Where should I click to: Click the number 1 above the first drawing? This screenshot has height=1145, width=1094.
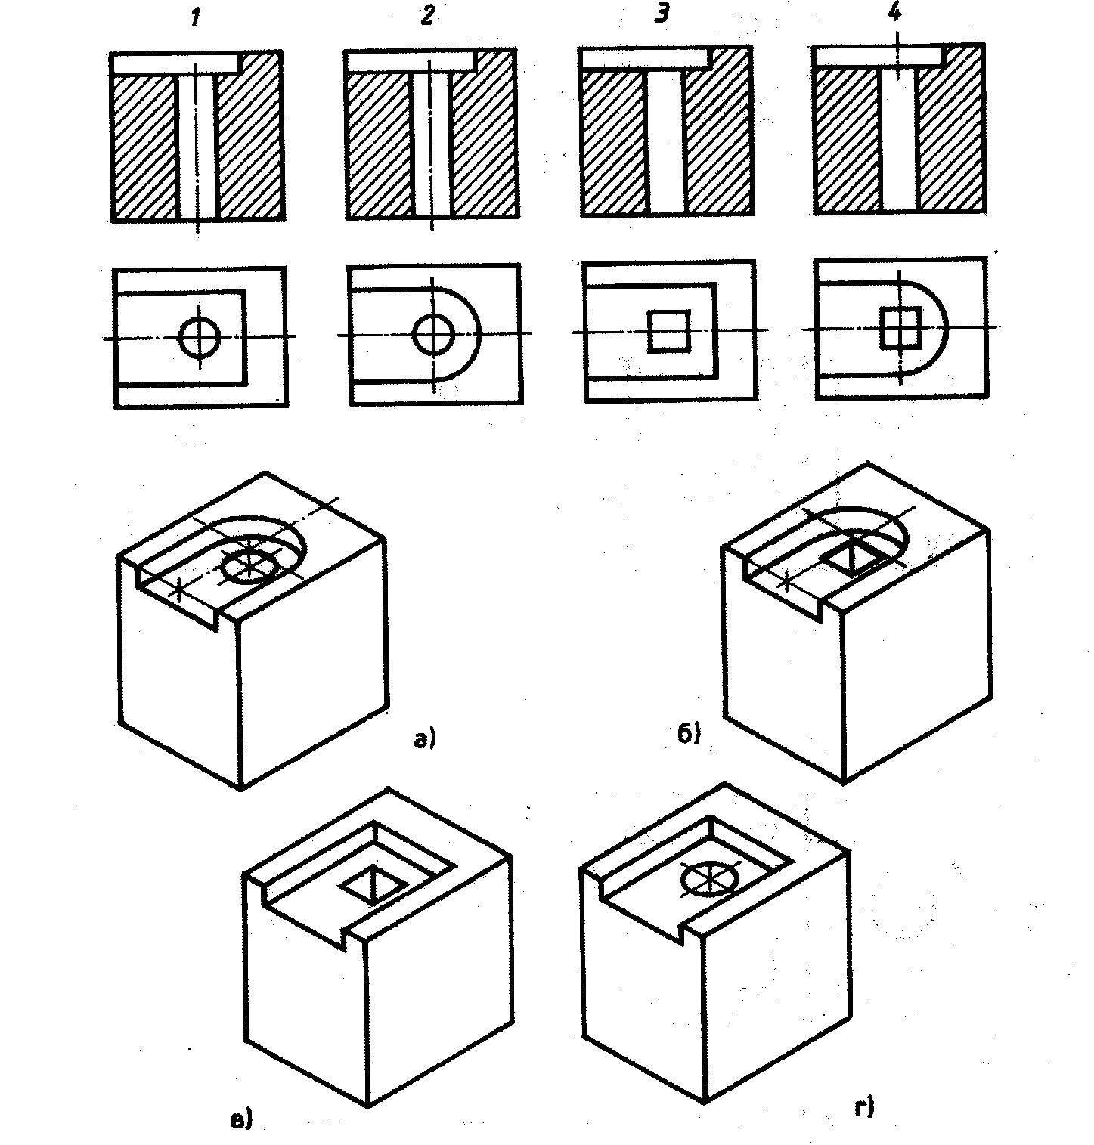pos(195,19)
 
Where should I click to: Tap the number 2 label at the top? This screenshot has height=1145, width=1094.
pos(428,17)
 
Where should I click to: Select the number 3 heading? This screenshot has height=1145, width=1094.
pos(662,15)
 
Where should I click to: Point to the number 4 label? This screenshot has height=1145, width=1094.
pos(895,15)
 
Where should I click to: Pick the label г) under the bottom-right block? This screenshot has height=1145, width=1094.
pos(864,1109)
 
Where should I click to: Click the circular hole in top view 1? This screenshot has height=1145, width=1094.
pos(200,338)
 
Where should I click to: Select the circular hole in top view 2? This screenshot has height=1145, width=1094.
pos(434,334)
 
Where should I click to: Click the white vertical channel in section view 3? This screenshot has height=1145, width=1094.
pos(667,144)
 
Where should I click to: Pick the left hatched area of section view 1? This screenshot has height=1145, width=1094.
pos(146,147)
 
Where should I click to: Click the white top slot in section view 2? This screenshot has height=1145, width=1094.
pos(409,62)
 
